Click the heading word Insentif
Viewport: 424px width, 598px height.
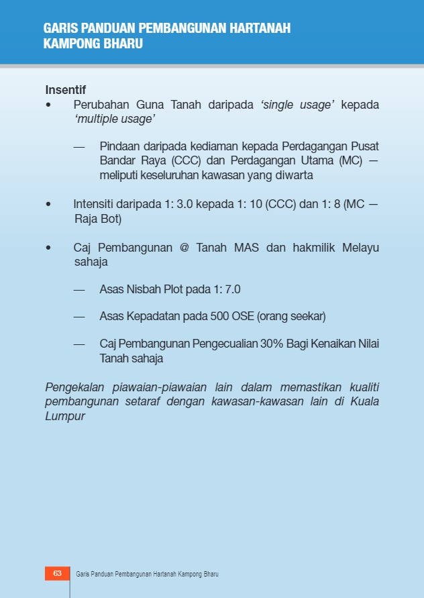[65, 90]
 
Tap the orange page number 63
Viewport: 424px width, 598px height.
[57, 573]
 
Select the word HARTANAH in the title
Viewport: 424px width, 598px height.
[259, 28]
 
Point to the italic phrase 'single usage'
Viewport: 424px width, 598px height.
[297, 105]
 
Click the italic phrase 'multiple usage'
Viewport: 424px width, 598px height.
[115, 119]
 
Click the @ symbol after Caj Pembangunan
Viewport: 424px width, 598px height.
[185, 248]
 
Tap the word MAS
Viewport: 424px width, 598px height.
[246, 248]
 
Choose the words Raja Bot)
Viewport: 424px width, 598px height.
[98, 219]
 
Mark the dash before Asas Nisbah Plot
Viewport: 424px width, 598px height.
[79, 290]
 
